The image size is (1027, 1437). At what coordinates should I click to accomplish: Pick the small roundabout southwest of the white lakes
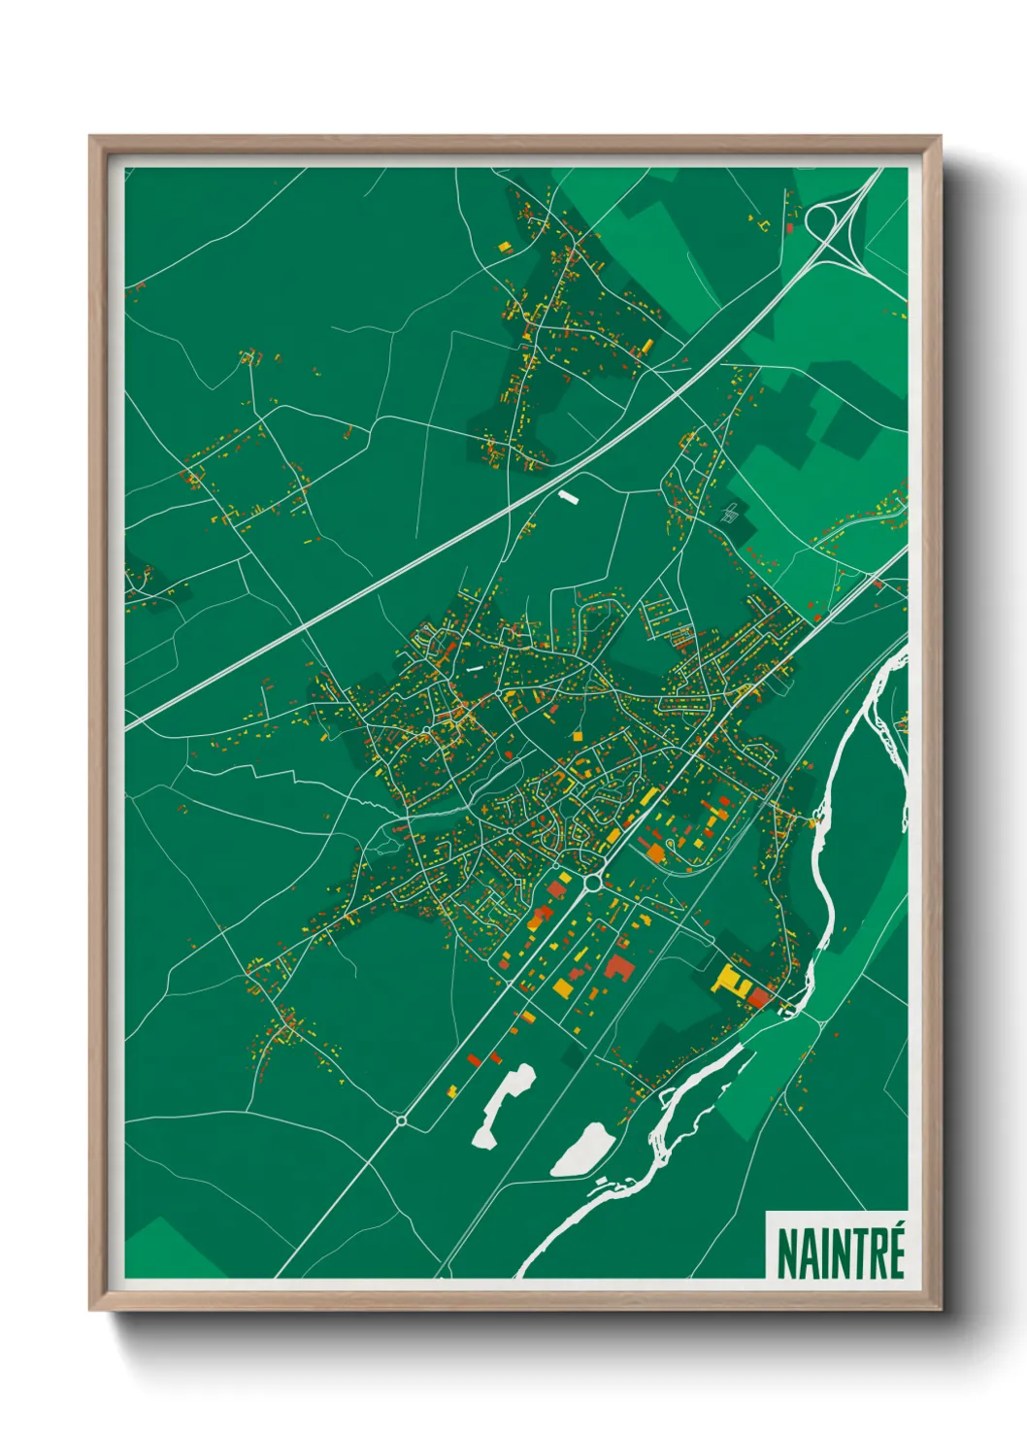tap(401, 1120)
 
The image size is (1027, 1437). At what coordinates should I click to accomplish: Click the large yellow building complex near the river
tap(730, 980)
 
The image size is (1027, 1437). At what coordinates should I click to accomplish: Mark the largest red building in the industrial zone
tap(617, 966)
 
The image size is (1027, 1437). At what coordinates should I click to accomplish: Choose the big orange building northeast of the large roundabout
tap(656, 853)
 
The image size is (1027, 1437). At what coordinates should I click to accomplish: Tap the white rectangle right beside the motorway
tap(568, 497)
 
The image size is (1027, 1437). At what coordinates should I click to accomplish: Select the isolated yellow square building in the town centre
tap(578, 736)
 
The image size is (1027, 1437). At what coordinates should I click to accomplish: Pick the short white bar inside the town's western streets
tap(474, 669)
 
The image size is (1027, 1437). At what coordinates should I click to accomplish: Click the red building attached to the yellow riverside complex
tap(758, 997)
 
